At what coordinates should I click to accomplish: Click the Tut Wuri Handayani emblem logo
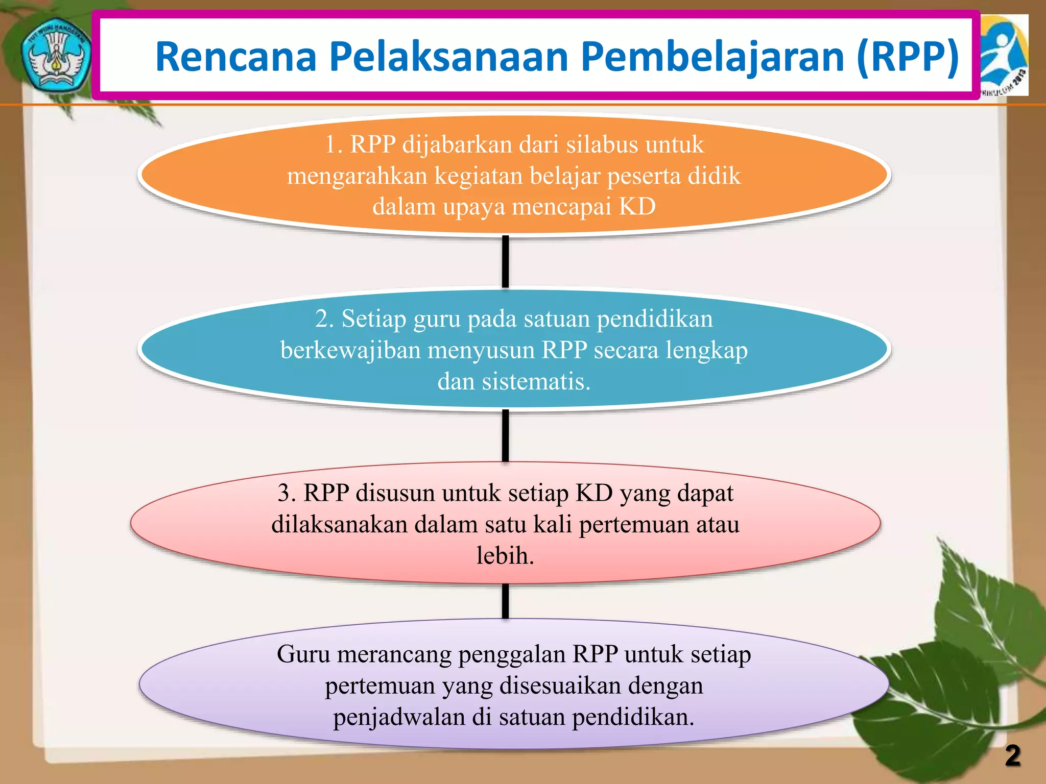pos(55,55)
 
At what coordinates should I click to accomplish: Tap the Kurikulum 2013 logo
pos(1004,55)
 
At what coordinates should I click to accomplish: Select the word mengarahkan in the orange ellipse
pos(357,176)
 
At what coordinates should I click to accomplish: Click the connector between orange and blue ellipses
pos(505,261)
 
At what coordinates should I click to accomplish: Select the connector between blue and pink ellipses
pos(505,435)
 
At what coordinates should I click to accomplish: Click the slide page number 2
pos(1013,756)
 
